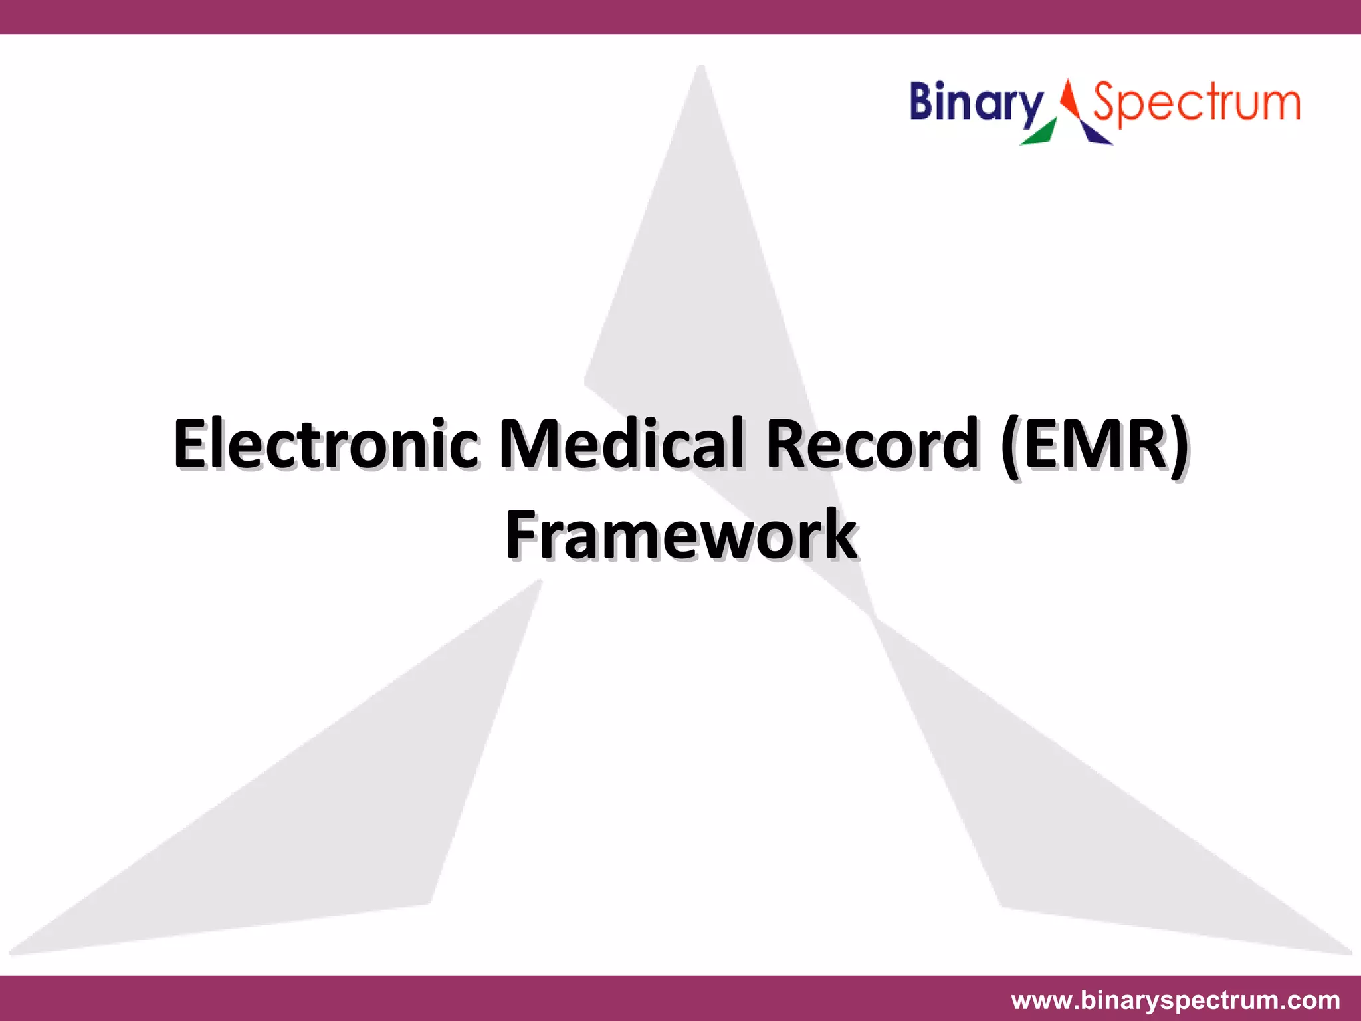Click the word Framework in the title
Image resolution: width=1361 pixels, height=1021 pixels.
pyautogui.click(x=680, y=535)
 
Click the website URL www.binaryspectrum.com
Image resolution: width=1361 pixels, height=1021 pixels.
pyautogui.click(x=1175, y=1000)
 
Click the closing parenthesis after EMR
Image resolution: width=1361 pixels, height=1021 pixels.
pyautogui.click(x=1178, y=445)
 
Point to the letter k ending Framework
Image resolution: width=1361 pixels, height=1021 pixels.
pyautogui.click(x=839, y=535)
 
